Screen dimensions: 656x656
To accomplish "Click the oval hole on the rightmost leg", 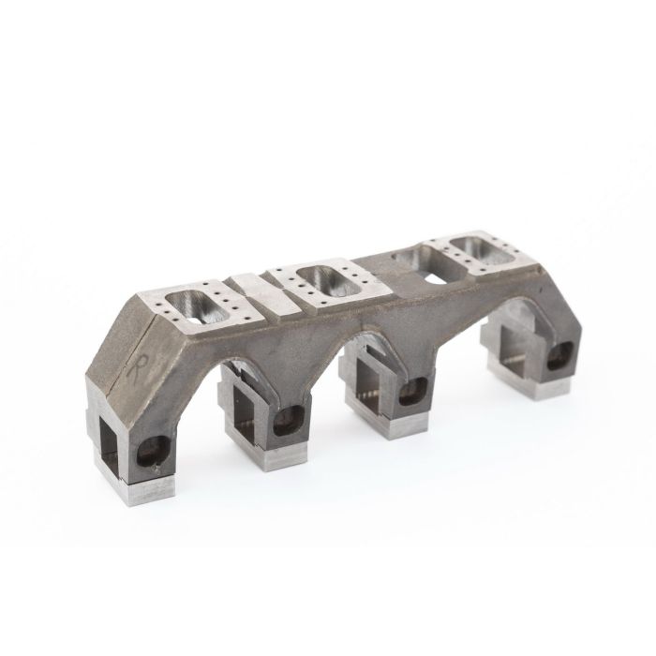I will [x=561, y=353].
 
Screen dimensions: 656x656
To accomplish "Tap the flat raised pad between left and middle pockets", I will [x=250, y=285].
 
